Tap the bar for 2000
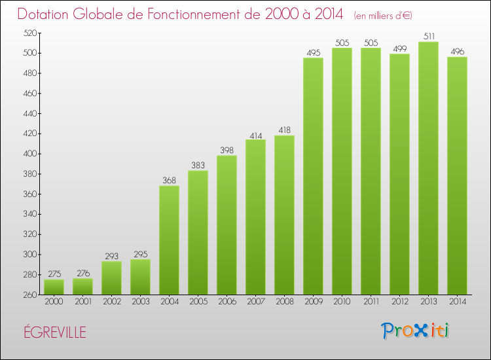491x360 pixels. click(54, 287)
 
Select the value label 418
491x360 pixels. click(284, 130)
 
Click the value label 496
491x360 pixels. click(457, 52)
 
